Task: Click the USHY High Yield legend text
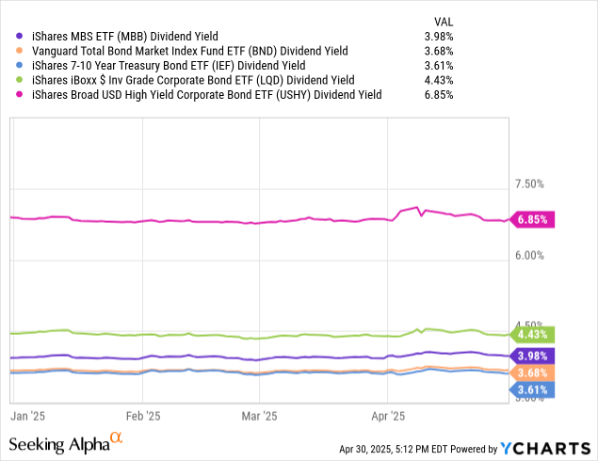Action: click(x=206, y=95)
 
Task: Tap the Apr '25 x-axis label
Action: click(x=388, y=414)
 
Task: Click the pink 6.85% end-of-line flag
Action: click(x=533, y=219)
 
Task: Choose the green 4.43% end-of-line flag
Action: click(x=533, y=334)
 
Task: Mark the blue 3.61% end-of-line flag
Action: click(x=533, y=389)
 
